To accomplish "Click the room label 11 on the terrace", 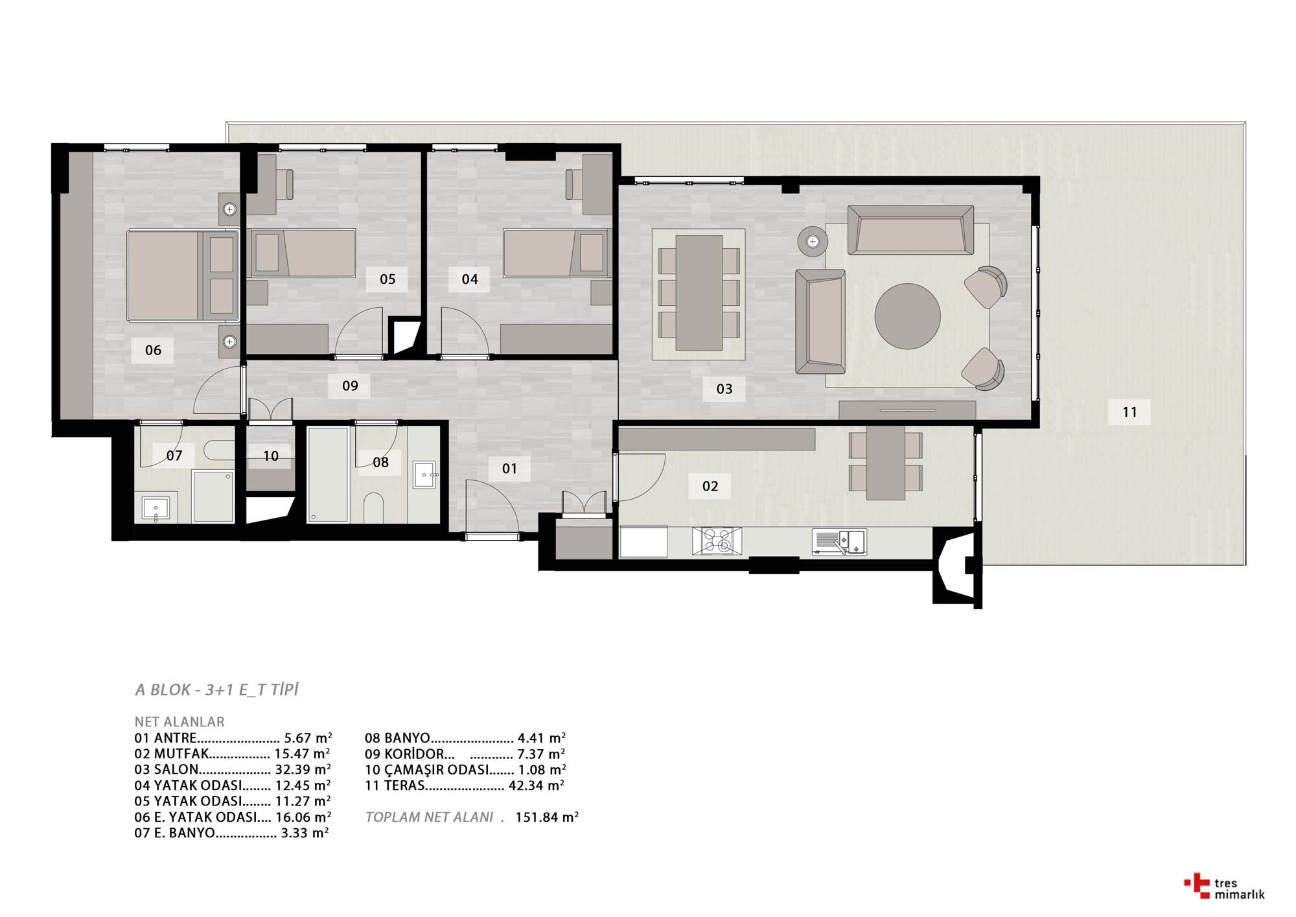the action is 1129,412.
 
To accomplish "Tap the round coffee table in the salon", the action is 907,316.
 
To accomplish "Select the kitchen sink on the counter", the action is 839,542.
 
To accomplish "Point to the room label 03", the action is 724,389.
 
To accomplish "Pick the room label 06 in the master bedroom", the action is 153,351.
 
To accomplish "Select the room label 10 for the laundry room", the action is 271,456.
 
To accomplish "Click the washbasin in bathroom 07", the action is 156,509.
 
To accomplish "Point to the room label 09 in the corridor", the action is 350,386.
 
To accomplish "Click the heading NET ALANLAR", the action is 179,722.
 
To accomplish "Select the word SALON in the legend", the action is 176,770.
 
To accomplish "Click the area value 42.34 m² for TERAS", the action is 537,785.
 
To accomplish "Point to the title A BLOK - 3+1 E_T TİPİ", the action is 216,690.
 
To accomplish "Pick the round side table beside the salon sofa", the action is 813,242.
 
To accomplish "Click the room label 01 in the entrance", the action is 509,469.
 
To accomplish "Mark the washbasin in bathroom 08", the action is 426,476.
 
